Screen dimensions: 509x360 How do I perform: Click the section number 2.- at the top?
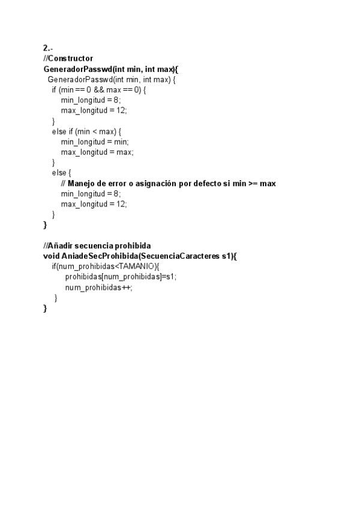tap(48, 47)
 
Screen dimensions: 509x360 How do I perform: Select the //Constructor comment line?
tap(68, 58)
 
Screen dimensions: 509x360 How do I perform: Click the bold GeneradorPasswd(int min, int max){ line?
tap(110, 68)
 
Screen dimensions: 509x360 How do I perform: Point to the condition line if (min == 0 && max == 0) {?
tap(99, 89)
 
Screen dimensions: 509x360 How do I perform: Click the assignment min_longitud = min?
tap(95, 142)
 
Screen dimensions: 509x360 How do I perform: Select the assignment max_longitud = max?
tap(97, 152)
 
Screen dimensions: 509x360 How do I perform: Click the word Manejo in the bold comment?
tap(81, 183)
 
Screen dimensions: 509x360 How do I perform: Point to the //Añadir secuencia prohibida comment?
tap(97, 245)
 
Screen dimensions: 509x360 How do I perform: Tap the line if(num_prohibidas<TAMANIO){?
tap(105, 267)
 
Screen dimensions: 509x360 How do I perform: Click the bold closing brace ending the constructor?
tap(45, 225)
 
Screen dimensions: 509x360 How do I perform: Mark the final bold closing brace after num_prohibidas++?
tap(45, 309)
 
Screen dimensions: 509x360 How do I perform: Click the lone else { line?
tap(61, 173)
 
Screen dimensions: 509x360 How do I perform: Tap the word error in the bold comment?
tap(106, 183)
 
